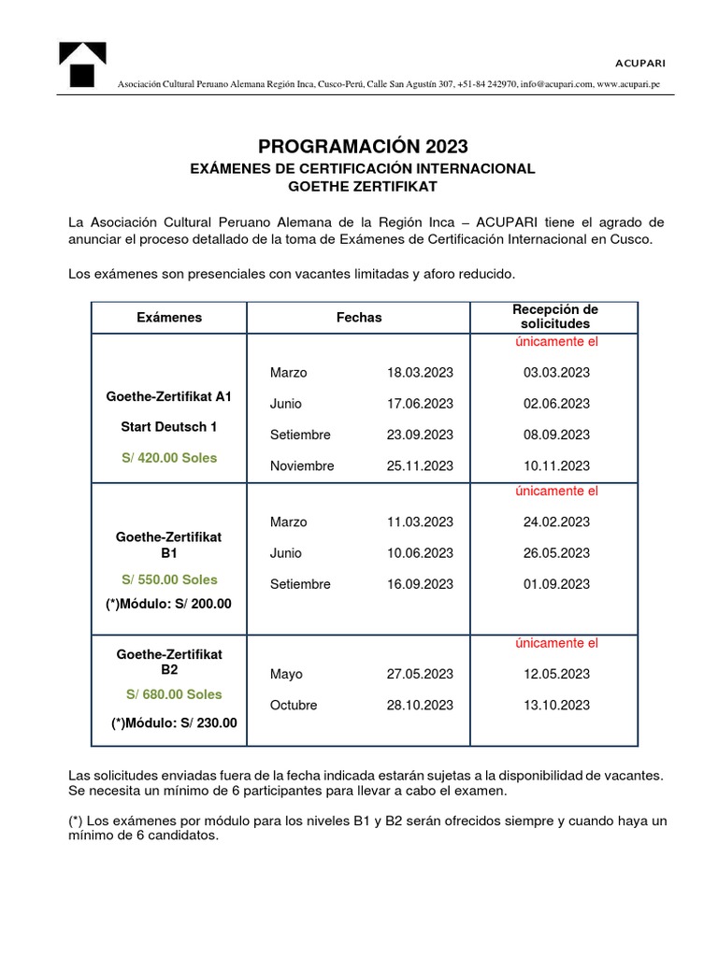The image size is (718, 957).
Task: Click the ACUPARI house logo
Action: coord(82,66)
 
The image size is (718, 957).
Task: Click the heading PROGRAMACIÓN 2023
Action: coord(363,146)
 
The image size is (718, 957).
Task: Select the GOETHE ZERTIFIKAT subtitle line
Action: coord(363,186)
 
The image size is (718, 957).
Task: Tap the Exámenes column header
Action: coord(169,318)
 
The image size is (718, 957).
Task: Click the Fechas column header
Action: coord(359,318)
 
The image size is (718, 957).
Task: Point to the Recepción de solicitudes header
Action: coord(555,316)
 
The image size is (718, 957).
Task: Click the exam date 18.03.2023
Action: coord(420,372)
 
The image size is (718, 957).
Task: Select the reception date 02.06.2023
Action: coord(556,404)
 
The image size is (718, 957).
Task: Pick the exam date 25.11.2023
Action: coord(420,465)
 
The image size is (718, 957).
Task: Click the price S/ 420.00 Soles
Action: coord(169,458)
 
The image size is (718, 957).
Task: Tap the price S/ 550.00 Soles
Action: coord(169,579)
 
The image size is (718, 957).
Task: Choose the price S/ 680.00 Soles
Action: coord(174,694)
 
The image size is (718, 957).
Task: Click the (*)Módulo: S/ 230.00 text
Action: coord(174,722)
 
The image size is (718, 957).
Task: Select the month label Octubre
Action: coord(294,705)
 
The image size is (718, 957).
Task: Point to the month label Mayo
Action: coord(286,674)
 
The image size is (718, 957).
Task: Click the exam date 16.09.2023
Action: coord(420,584)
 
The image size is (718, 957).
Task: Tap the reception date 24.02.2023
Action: coord(556,521)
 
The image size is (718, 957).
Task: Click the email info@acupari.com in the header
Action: coord(558,85)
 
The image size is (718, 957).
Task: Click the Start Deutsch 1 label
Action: coord(169,427)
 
